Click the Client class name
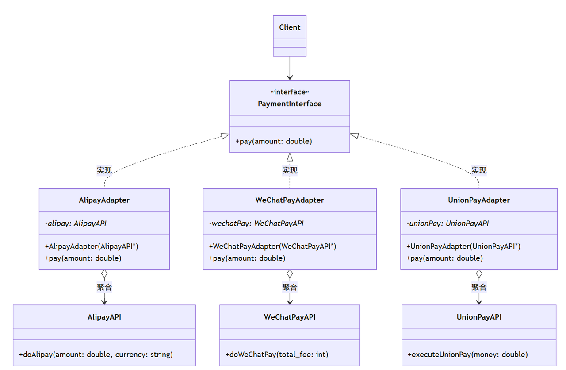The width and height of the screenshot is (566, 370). click(290, 27)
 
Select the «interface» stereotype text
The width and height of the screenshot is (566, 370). click(290, 92)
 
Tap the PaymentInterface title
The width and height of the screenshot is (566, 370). click(290, 104)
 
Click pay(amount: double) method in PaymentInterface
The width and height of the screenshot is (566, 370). click(274, 141)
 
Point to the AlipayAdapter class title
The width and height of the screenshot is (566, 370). click(104, 200)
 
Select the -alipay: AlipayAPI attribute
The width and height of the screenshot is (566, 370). click(76, 224)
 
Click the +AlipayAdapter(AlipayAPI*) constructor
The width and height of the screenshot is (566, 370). click(92, 247)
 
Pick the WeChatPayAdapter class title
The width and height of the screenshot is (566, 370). click(290, 200)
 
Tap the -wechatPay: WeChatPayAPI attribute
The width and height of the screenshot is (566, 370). click(256, 224)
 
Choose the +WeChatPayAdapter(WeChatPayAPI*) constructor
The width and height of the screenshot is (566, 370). click(272, 247)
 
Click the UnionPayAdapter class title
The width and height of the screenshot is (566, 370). click(479, 200)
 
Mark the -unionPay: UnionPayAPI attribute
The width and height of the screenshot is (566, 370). click(447, 224)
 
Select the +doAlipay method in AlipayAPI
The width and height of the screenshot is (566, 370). click(96, 355)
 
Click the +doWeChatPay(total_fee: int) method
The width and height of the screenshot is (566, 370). click(277, 355)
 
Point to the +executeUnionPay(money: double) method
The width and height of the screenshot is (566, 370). click(467, 355)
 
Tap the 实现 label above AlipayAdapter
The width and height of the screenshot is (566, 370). click(104, 170)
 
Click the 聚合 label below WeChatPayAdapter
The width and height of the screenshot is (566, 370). click(290, 287)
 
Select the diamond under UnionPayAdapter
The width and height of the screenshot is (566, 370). click(479, 274)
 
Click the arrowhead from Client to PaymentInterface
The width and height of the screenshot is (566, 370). click(290, 77)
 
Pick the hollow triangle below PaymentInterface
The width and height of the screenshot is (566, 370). click(290, 157)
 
